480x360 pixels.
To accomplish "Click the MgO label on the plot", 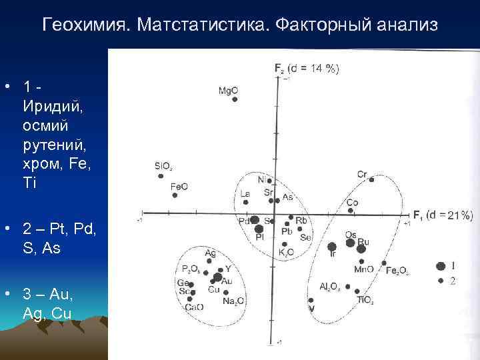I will pyautogui.click(x=228, y=91).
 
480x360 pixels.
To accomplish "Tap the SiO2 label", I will pyautogui.click(x=163, y=167).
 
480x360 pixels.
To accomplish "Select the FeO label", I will pyautogui.click(x=179, y=187).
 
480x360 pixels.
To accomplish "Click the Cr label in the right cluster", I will pyautogui.click(x=361, y=175).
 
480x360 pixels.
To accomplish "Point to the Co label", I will pyautogui.click(x=353, y=203).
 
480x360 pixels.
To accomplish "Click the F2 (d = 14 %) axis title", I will pyautogui.click(x=307, y=67).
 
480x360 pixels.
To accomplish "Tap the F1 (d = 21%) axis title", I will pyautogui.click(x=443, y=215).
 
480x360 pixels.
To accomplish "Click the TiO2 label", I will pyautogui.click(x=365, y=301).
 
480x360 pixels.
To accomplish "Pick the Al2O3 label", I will pyautogui.click(x=329, y=287).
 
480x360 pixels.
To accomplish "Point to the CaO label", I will pyautogui.click(x=194, y=307).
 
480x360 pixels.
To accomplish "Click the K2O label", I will pyautogui.click(x=287, y=252).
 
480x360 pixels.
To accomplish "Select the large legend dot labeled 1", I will pyautogui.click(x=440, y=266).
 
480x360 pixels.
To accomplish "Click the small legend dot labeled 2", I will pyautogui.click(x=441, y=281).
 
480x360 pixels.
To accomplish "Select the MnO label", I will pyautogui.click(x=363, y=269).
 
